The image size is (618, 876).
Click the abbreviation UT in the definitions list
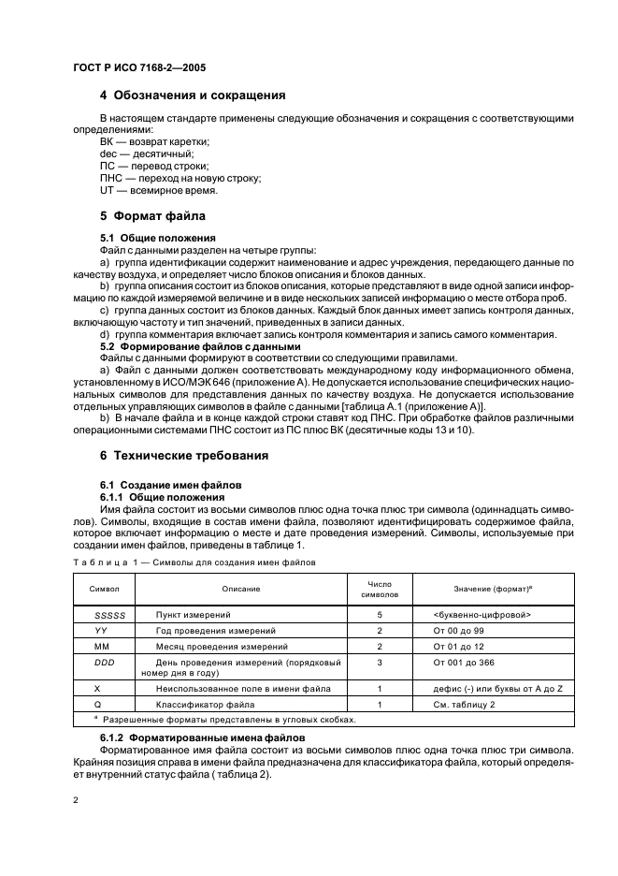(106, 190)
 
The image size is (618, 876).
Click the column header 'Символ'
(103, 589)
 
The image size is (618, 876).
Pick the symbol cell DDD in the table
(103, 662)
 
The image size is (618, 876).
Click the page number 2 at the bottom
(77, 802)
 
